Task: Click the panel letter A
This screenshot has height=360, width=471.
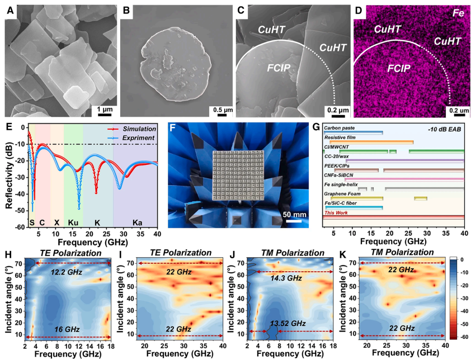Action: coord(9,10)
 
